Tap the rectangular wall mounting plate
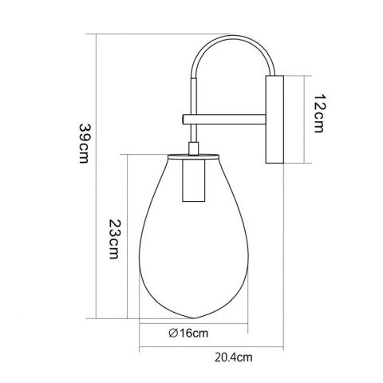(x=274, y=120)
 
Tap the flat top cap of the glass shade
(x=191, y=155)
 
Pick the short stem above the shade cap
(x=191, y=147)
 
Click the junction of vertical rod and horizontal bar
(x=191, y=120)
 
